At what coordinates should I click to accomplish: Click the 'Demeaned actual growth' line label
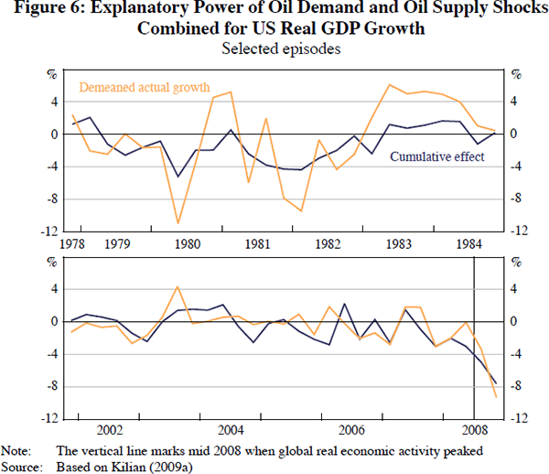pyautogui.click(x=142, y=89)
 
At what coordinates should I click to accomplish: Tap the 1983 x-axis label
pyautogui.click(x=397, y=245)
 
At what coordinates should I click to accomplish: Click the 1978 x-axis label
pyautogui.click(x=71, y=245)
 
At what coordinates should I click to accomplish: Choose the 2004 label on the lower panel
pyautogui.click(x=230, y=429)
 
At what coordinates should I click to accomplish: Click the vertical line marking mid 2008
pyautogui.click(x=474, y=366)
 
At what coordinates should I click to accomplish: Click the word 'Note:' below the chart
pyautogui.click(x=16, y=450)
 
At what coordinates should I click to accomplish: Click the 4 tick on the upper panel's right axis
pyautogui.click(x=514, y=101)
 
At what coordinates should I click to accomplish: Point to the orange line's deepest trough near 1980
pyautogui.click(x=178, y=222)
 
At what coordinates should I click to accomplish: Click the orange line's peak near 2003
pyautogui.click(x=178, y=286)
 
